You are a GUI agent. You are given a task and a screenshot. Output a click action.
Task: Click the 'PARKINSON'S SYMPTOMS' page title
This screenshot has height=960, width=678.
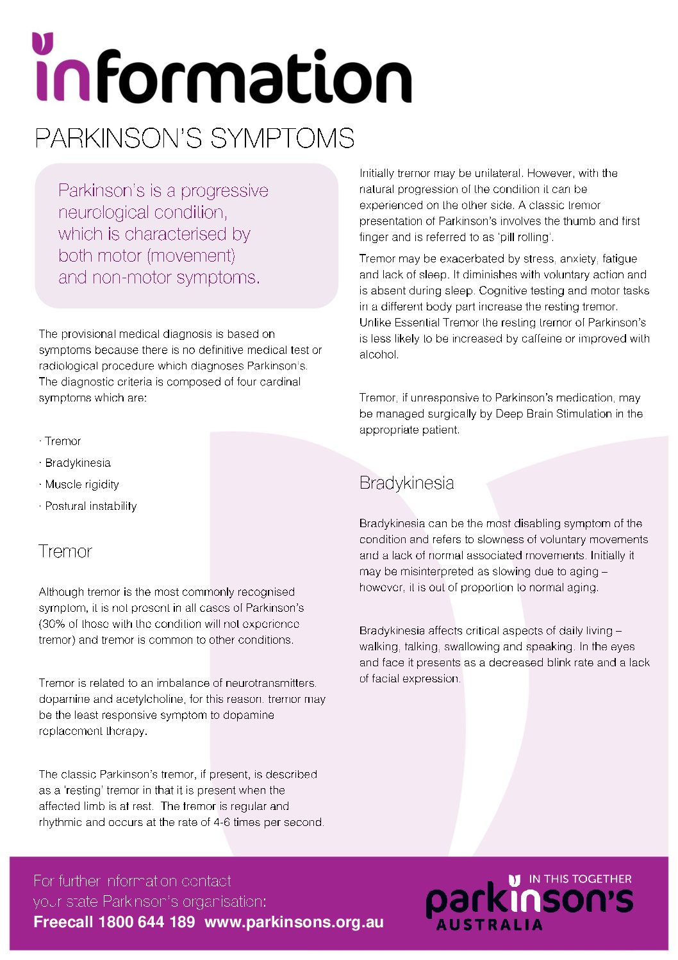click(x=194, y=139)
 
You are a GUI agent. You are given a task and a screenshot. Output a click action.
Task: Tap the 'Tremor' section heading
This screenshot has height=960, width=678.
click(x=65, y=552)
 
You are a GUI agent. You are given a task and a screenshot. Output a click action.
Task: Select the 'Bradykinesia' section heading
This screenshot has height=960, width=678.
click(x=406, y=483)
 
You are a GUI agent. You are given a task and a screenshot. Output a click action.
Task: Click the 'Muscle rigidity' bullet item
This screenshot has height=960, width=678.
click(x=81, y=484)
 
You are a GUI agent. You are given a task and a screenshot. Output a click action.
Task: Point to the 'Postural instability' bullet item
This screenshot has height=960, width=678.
click(x=90, y=506)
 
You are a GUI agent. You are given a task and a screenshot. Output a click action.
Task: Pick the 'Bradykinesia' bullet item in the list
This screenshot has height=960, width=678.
click(x=78, y=463)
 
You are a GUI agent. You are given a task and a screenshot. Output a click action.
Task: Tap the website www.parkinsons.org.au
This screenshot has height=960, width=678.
click(x=294, y=922)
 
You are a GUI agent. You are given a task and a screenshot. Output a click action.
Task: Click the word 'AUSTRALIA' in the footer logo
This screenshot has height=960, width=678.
click(x=489, y=925)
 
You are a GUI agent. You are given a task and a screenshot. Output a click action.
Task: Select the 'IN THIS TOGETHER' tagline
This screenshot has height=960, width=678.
click(x=580, y=879)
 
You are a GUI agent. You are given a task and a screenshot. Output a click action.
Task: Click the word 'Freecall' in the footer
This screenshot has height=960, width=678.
click(x=63, y=922)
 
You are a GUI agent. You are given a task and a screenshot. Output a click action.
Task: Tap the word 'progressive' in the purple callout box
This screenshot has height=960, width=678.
click(x=224, y=191)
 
